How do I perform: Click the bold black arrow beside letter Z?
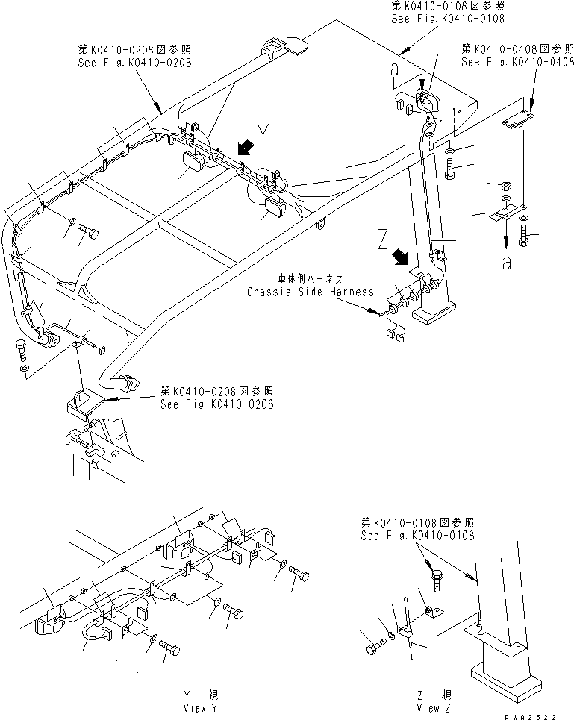pos(402,258)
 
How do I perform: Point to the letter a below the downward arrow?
pos(508,263)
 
